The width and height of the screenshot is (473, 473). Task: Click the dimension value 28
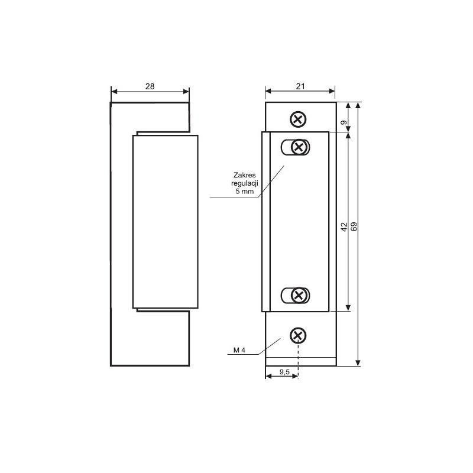tap(150, 86)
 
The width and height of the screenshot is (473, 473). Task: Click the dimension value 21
tap(300, 86)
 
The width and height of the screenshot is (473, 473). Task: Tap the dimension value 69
tap(354, 226)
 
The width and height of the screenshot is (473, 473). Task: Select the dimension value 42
tap(344, 227)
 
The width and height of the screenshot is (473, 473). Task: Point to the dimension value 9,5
tap(284, 372)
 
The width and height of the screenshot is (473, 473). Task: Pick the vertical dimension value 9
tap(344, 122)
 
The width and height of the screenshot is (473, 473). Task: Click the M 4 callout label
tap(239, 350)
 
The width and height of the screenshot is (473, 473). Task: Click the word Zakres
tap(245, 175)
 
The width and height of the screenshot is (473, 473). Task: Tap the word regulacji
tap(245, 183)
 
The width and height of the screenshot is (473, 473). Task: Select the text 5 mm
tap(245, 191)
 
